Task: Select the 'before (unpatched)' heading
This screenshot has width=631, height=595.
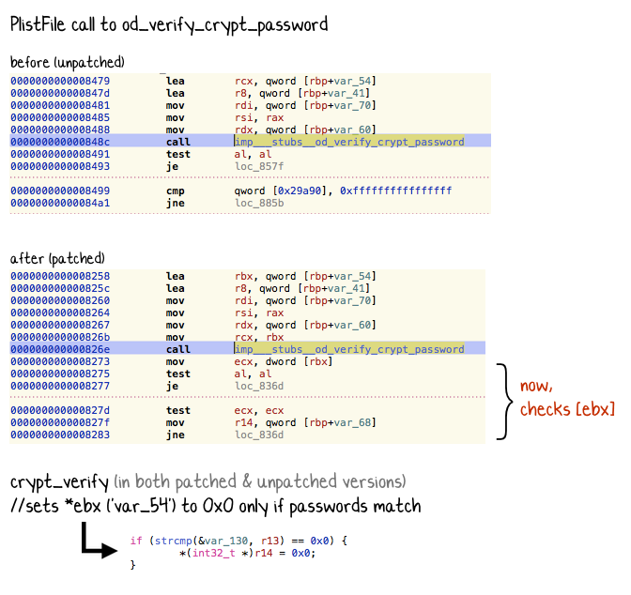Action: pos(67,63)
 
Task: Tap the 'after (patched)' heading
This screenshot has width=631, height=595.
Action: pos(57,258)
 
